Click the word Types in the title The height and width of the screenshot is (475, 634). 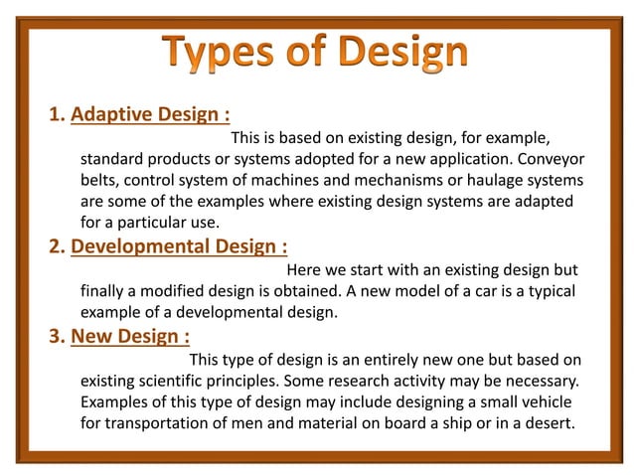point(225,53)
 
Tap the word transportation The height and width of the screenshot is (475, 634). point(157,424)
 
